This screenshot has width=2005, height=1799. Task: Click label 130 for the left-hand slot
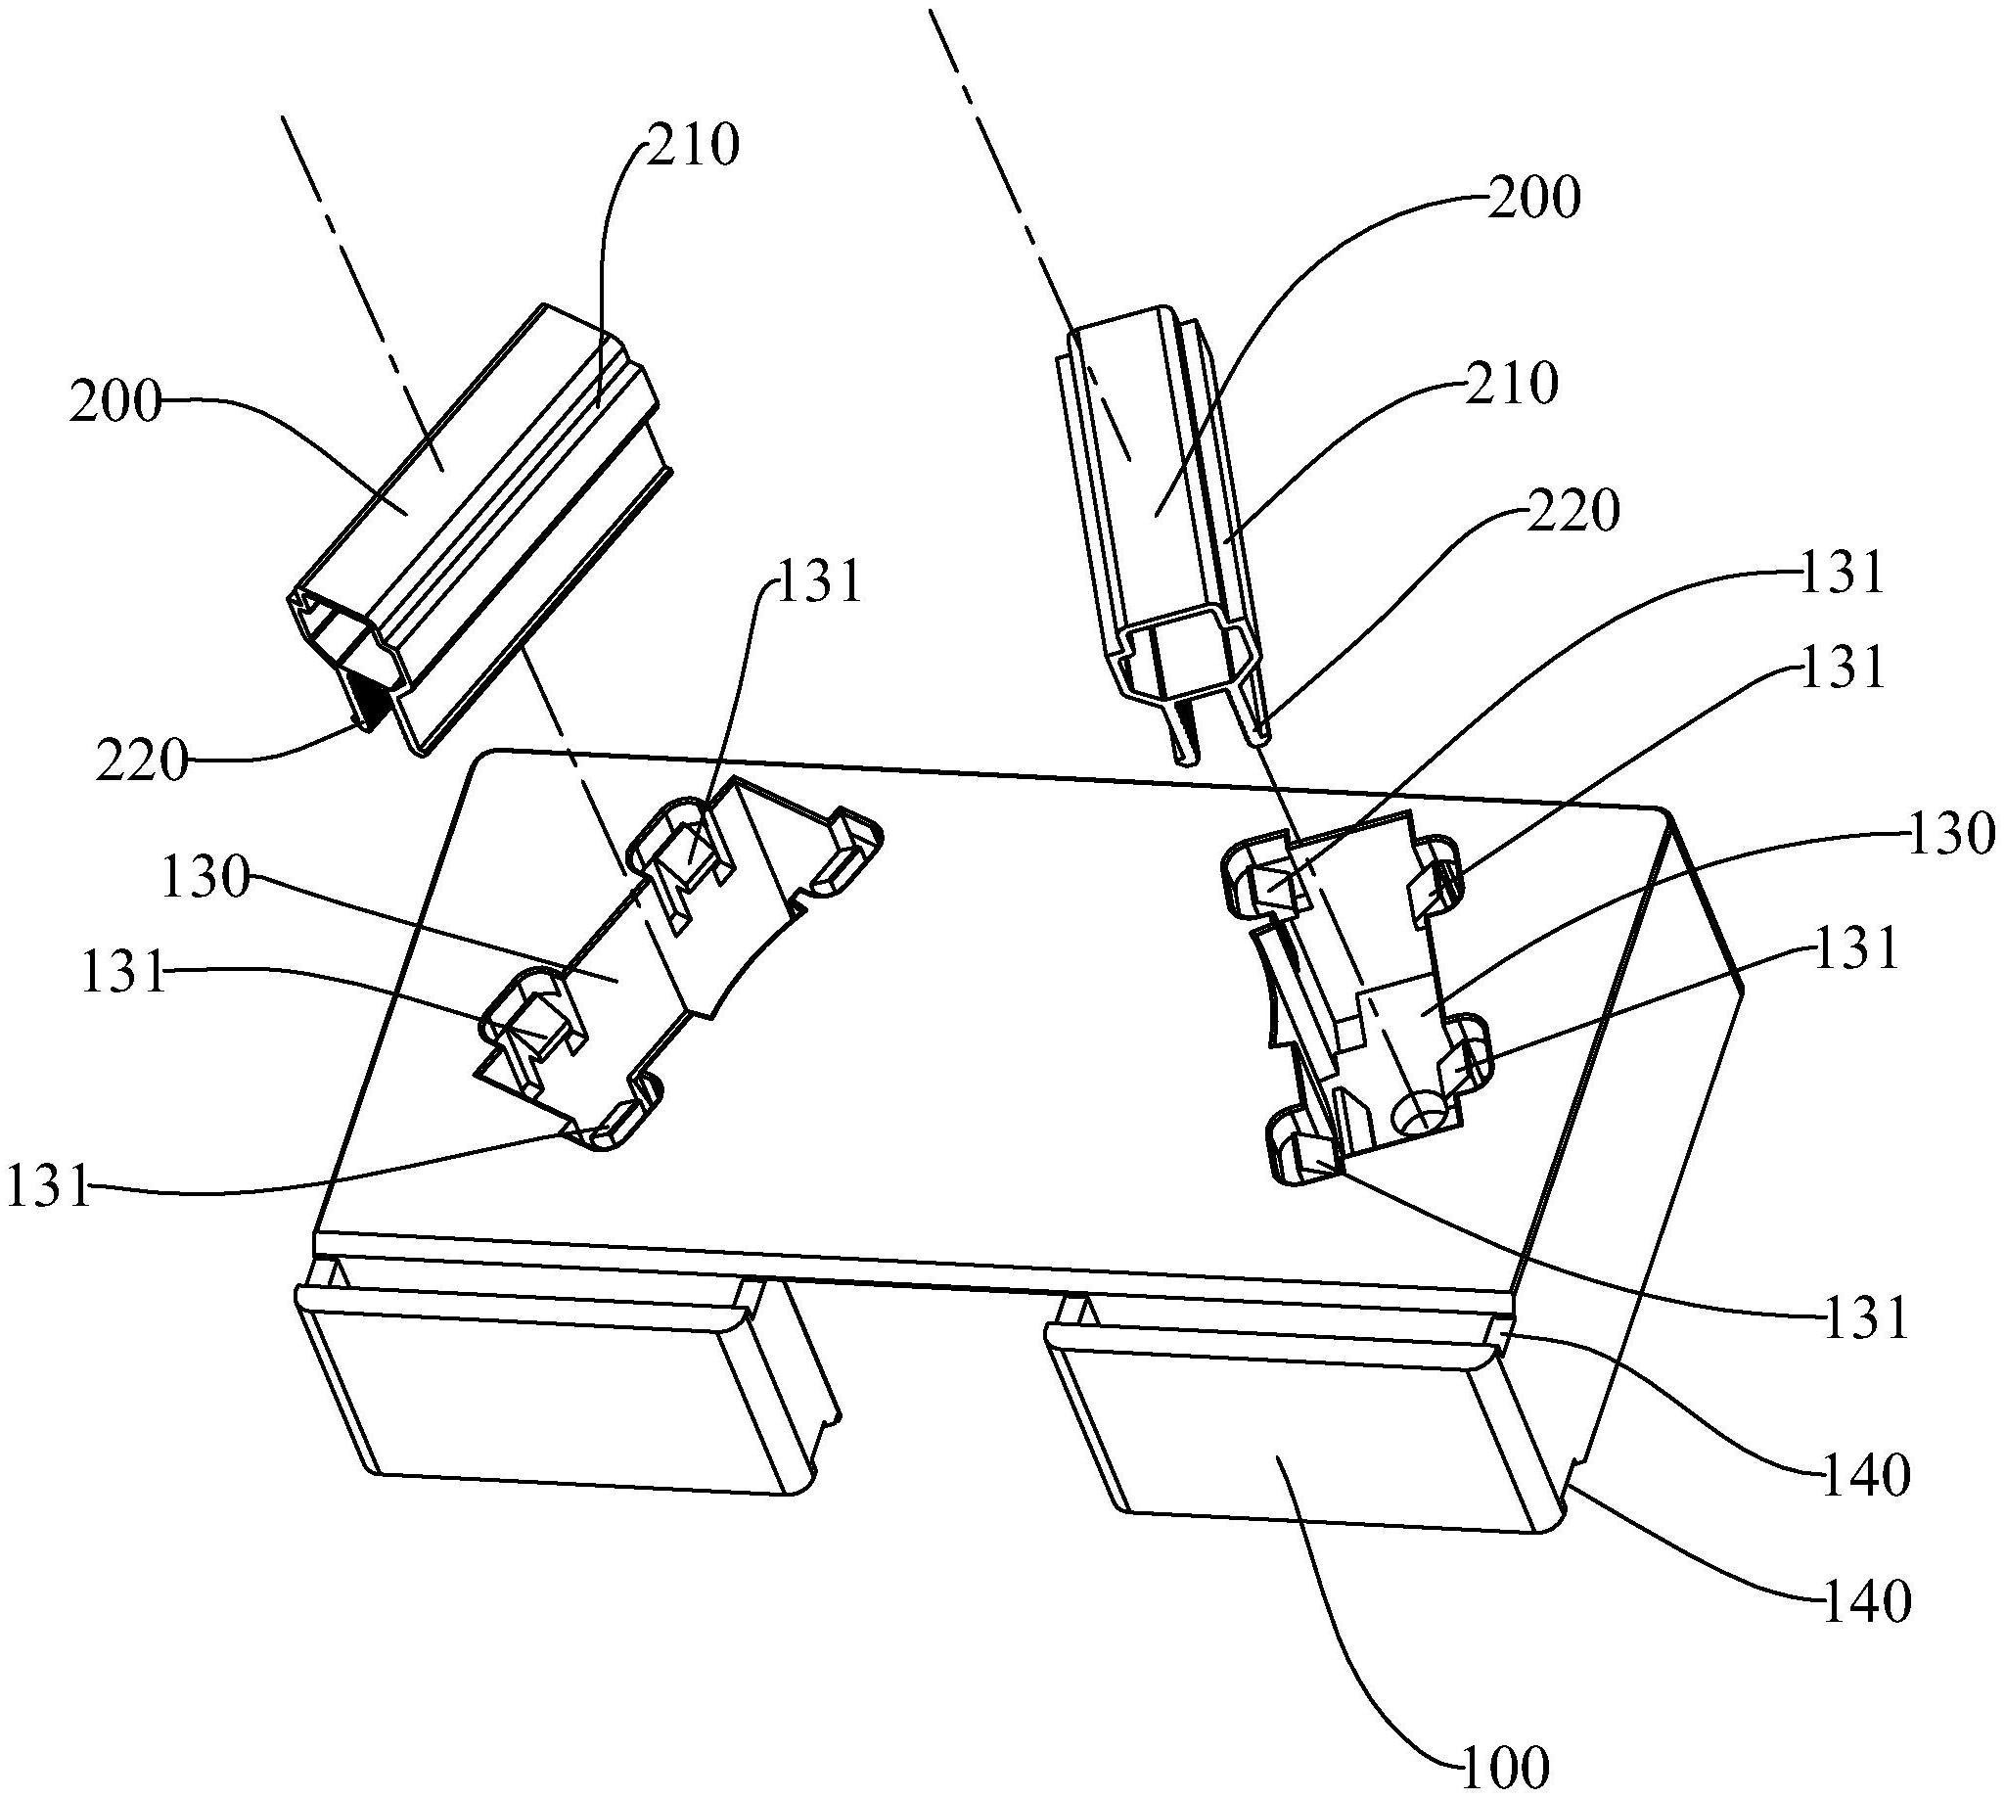(205, 879)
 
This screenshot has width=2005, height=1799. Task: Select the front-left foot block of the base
(564, 1384)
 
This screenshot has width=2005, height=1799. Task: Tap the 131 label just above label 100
(1864, 1321)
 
